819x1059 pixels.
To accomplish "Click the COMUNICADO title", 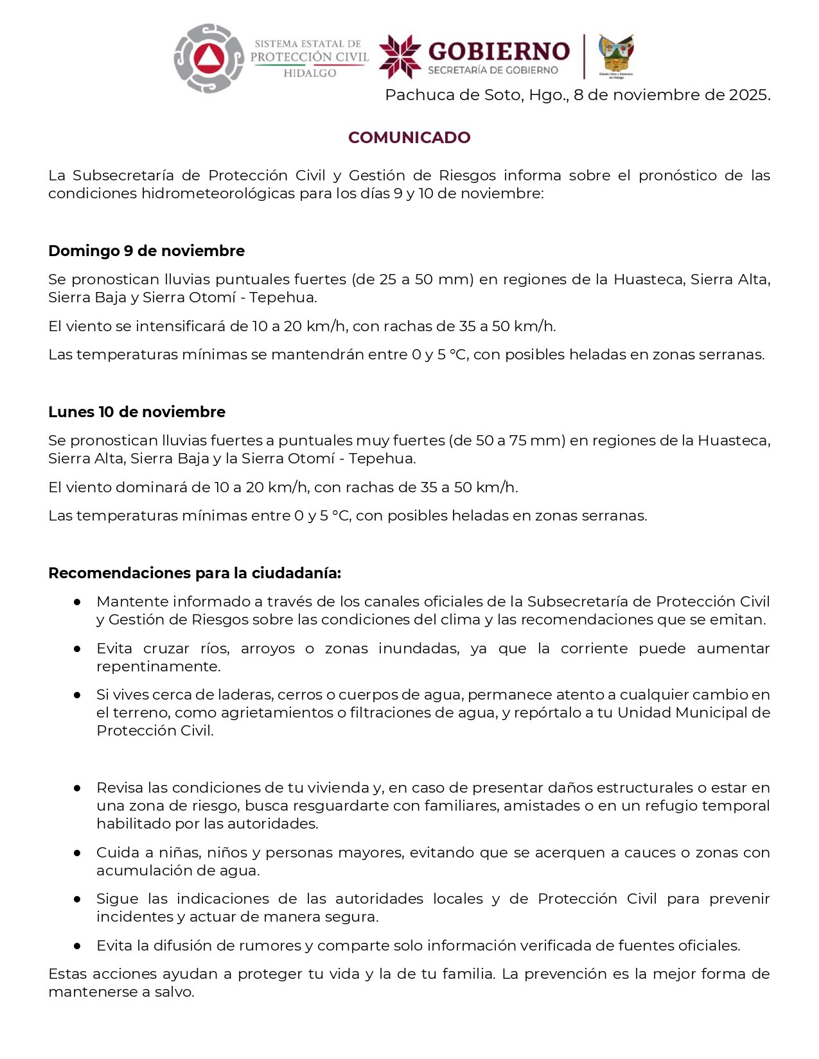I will (x=409, y=137).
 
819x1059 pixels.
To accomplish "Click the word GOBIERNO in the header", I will (x=498, y=51).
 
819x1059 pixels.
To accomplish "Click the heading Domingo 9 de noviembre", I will (x=146, y=250).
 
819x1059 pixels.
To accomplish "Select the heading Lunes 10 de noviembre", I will (x=137, y=411).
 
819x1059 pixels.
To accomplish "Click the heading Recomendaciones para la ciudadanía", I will (x=195, y=573).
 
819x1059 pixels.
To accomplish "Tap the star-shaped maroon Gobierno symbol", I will (x=400, y=57).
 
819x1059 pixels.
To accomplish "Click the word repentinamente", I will (x=158, y=666).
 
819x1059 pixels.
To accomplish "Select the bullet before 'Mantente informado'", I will (x=77, y=601).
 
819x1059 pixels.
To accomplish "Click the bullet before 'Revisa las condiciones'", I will (x=77, y=788).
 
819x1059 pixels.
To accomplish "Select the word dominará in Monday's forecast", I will (x=157, y=487).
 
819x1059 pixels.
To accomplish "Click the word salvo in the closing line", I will (x=174, y=992).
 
